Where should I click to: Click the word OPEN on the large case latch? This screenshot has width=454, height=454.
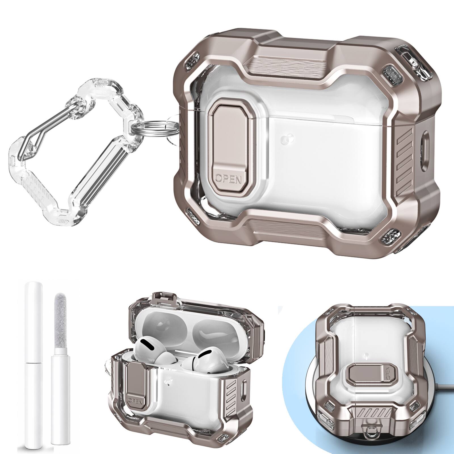coord(229,179)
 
